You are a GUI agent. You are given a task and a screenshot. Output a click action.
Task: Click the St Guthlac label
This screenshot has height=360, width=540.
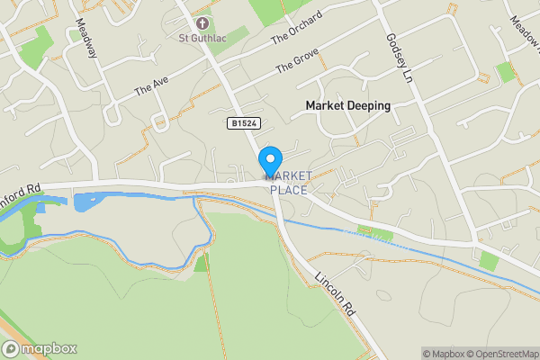201,39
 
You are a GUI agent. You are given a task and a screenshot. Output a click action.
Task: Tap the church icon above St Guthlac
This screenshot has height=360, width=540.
201,22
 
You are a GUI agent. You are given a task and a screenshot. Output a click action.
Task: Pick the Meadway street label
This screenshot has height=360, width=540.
86,39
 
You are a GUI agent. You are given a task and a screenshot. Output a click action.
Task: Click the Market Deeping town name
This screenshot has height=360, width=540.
347,105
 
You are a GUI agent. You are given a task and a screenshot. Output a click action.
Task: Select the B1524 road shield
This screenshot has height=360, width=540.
240,122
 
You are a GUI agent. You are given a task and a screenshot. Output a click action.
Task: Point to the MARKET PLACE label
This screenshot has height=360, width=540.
288,183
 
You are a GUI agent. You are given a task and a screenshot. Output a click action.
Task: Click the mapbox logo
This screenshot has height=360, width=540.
39,348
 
